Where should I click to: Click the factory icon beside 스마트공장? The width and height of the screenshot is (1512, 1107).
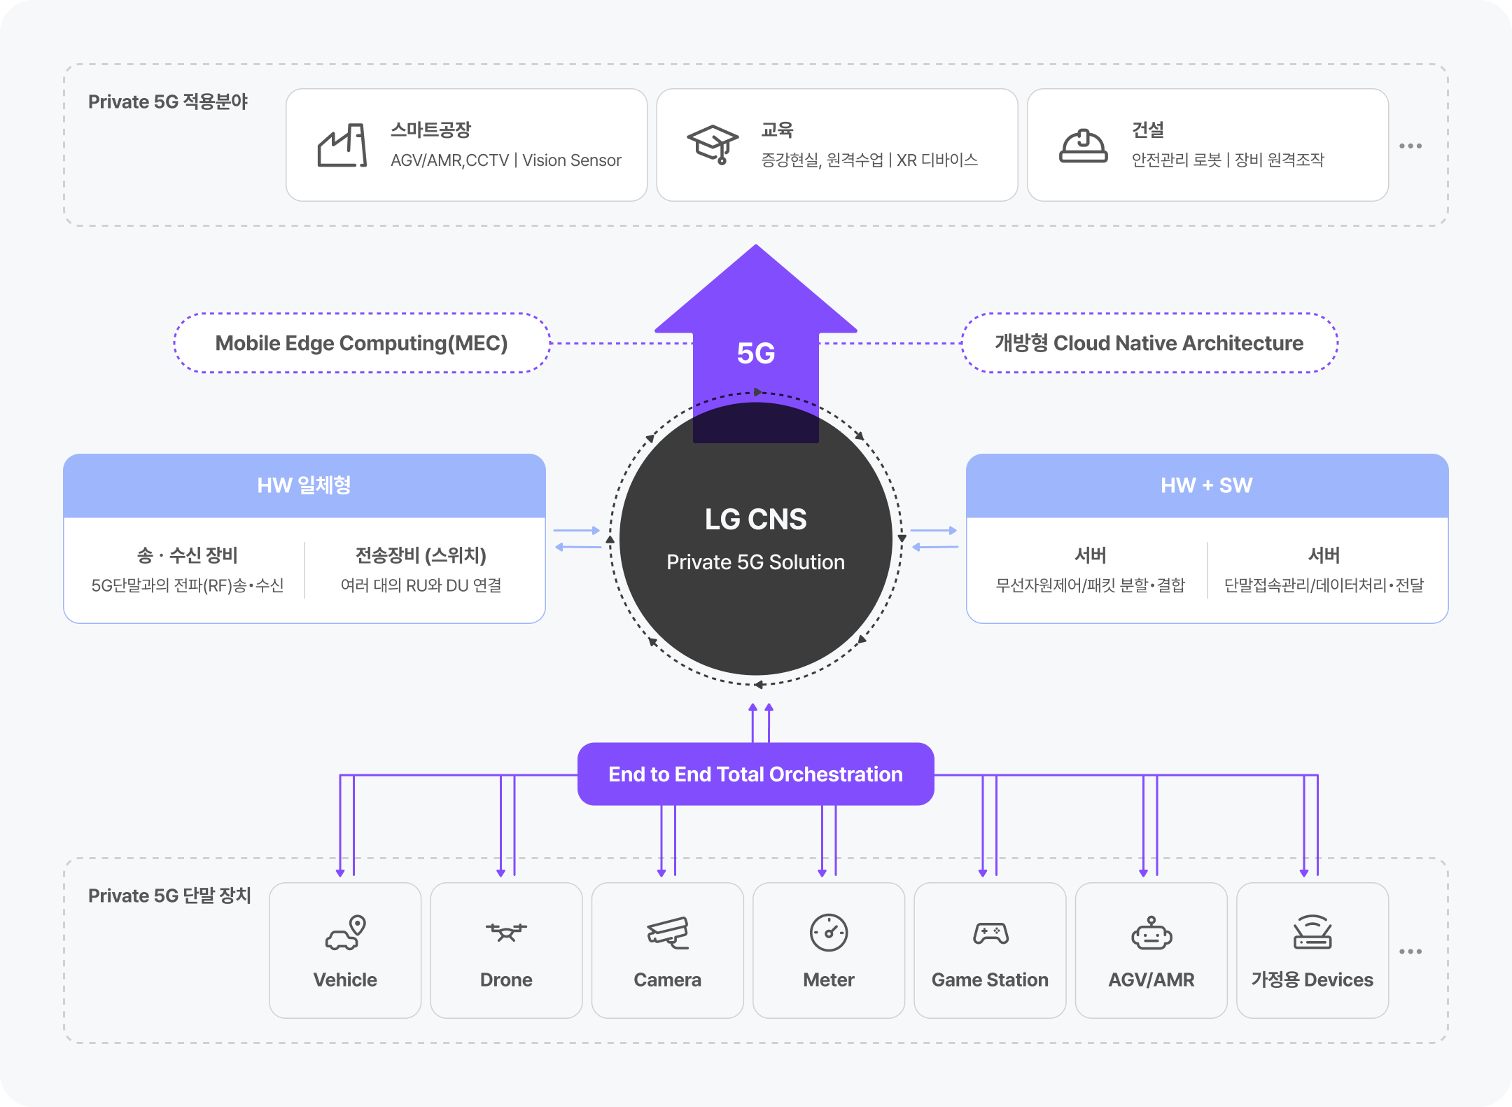coord(342,146)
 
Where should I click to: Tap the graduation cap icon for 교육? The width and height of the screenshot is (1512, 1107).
coord(713,144)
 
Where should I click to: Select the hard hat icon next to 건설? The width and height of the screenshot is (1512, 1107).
coord(1083,146)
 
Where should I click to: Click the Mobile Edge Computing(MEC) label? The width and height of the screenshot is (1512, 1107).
coord(361,343)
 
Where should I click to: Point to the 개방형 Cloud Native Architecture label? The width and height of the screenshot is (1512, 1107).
coord(1149,343)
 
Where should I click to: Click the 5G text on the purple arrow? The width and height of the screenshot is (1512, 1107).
coord(756,353)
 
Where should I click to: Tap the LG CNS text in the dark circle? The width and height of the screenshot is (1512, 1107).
coord(756,520)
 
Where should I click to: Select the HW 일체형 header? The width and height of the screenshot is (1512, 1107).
coord(304,485)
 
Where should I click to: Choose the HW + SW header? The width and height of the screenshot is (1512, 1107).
coord(1207,485)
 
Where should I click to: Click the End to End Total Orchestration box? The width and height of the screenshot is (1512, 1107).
coord(756,774)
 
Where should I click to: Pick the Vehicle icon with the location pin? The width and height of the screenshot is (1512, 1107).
coord(345,933)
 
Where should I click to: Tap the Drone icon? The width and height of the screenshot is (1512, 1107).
coord(506,933)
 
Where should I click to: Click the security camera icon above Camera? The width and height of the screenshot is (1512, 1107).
coord(668,933)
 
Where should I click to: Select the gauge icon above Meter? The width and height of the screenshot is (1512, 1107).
coord(829,933)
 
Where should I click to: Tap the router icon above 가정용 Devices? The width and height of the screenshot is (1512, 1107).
coord(1312,933)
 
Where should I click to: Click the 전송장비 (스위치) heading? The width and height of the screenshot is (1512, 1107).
coord(421,555)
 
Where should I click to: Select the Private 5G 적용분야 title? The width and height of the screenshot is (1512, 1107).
coord(168,102)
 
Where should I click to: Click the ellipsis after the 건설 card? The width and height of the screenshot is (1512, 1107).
coord(1410,146)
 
